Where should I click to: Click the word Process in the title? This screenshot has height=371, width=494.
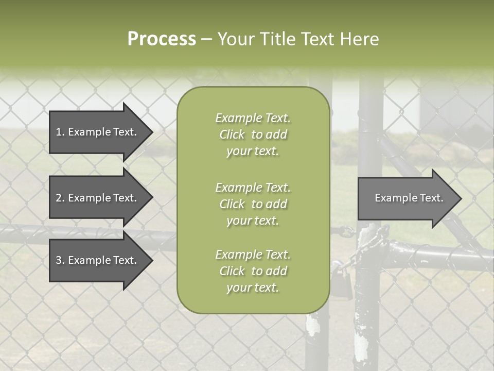[162, 39]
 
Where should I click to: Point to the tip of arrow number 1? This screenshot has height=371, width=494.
[152, 132]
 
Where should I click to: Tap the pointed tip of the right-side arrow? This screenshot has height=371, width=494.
[461, 198]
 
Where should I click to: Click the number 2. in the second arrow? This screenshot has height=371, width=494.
[60, 198]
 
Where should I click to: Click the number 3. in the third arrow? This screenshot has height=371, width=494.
[60, 260]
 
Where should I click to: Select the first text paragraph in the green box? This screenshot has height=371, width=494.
[253, 134]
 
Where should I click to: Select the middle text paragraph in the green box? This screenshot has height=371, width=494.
[253, 204]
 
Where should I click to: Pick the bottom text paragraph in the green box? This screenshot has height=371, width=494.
[253, 271]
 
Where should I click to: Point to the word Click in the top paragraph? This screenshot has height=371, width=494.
[232, 134]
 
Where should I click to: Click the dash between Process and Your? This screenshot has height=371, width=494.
[207, 39]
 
